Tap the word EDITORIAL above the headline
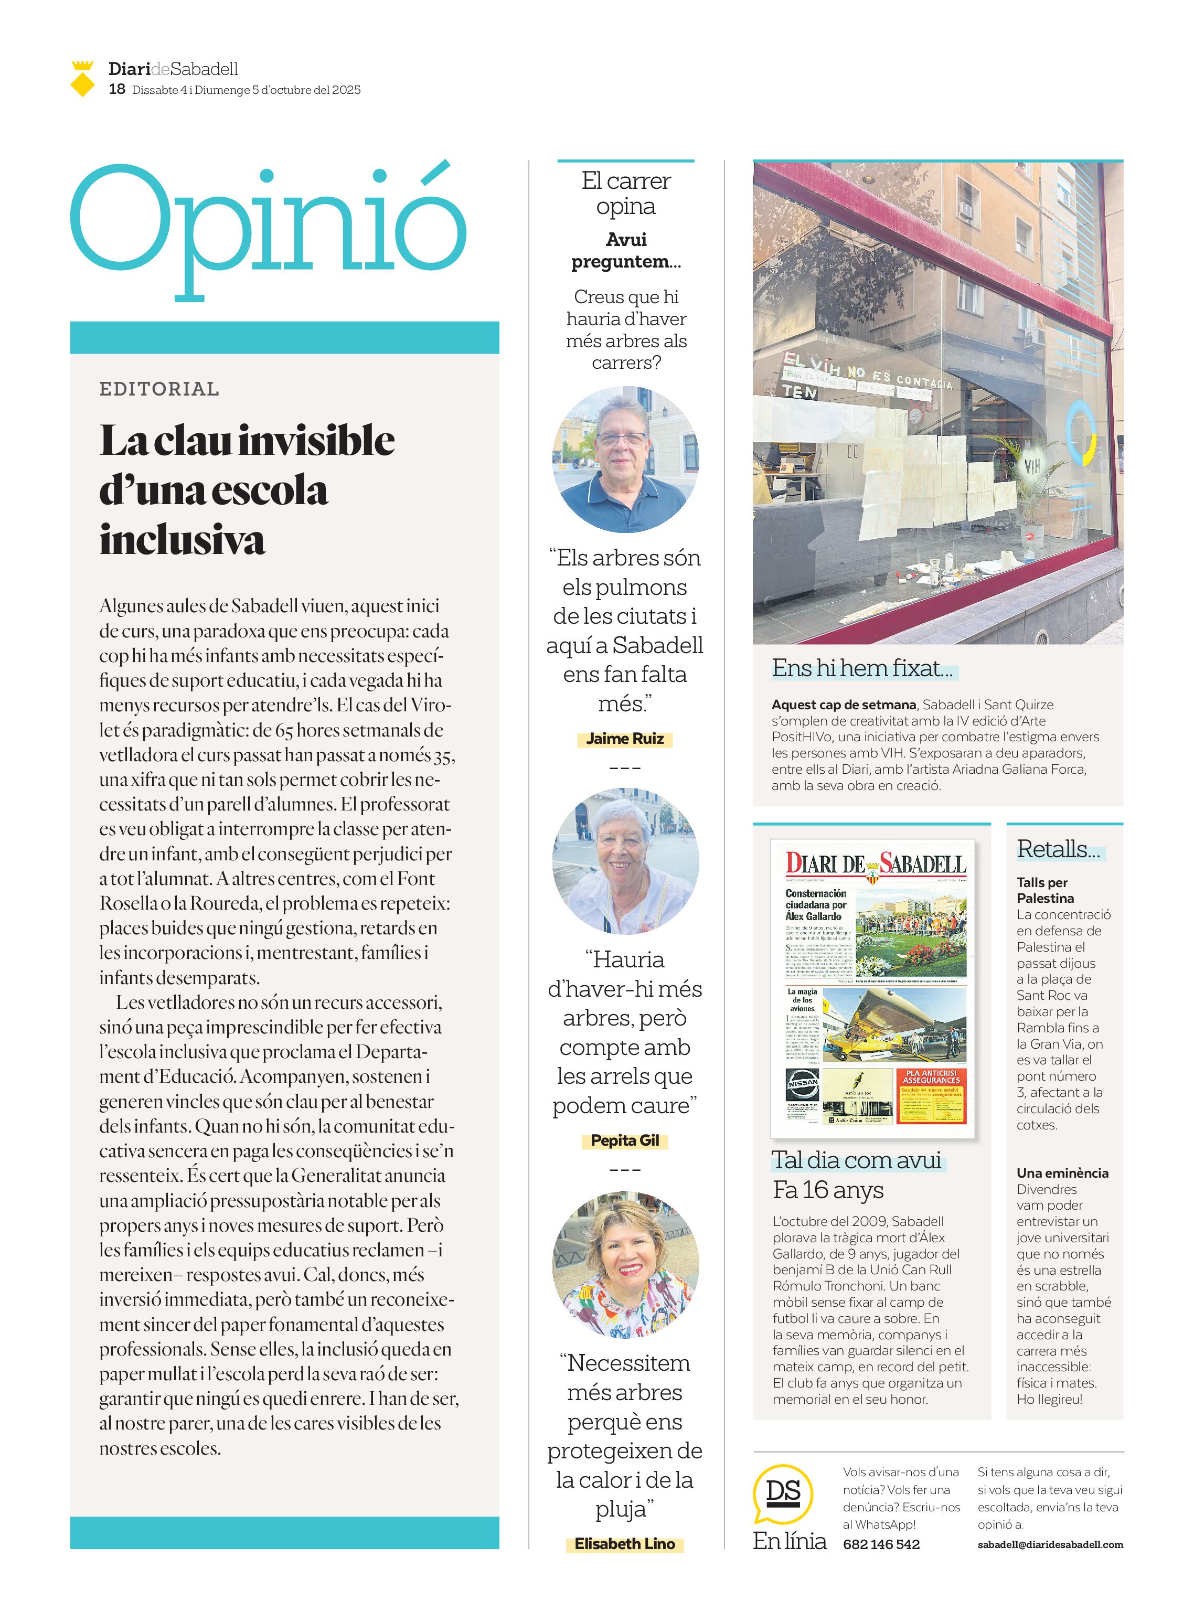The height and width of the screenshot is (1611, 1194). click(x=159, y=389)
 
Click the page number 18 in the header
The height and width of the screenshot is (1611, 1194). click(x=116, y=89)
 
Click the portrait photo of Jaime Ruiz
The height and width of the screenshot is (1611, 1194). click(x=625, y=460)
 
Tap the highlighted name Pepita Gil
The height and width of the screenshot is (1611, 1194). click(x=624, y=1140)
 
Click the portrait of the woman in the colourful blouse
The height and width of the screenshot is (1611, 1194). click(x=625, y=1265)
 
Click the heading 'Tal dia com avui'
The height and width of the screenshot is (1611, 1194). click(x=857, y=1160)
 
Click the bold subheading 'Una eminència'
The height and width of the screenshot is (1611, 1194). click(x=1062, y=1172)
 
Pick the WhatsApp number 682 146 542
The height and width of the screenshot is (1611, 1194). click(x=881, y=1544)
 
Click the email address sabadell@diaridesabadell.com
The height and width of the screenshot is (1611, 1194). click(x=1050, y=1544)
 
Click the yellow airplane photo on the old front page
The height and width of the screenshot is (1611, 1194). click(x=894, y=1025)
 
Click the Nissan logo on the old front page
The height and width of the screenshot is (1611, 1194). click(x=802, y=1084)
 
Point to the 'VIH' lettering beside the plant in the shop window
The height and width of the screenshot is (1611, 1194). click(x=1031, y=466)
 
